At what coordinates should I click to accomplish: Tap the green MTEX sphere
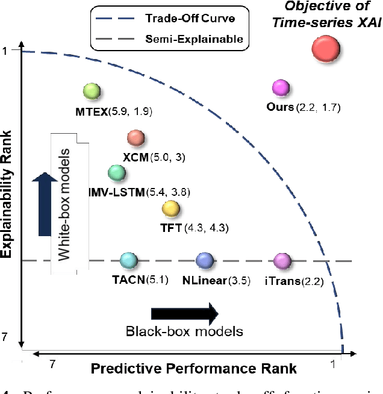coord(92,92)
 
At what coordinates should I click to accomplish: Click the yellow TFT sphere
coord(171,209)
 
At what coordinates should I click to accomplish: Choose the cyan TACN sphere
coord(128,260)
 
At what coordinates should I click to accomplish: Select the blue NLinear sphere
coord(205,260)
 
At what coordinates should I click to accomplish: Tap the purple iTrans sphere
coord(281,260)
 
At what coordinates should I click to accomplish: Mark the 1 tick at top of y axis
coord(6,51)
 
